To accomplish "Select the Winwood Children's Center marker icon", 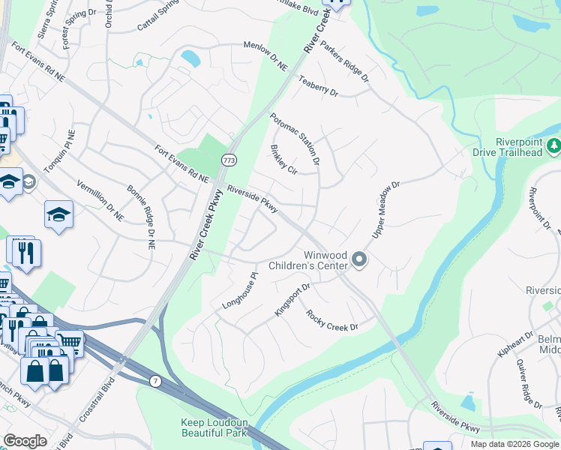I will [359, 260].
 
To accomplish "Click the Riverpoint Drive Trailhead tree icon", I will [554, 145].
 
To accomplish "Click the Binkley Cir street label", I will [283, 160].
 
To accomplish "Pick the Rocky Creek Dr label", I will [332, 321].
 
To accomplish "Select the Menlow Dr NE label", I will [265, 56].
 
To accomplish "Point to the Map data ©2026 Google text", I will [514, 444].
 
